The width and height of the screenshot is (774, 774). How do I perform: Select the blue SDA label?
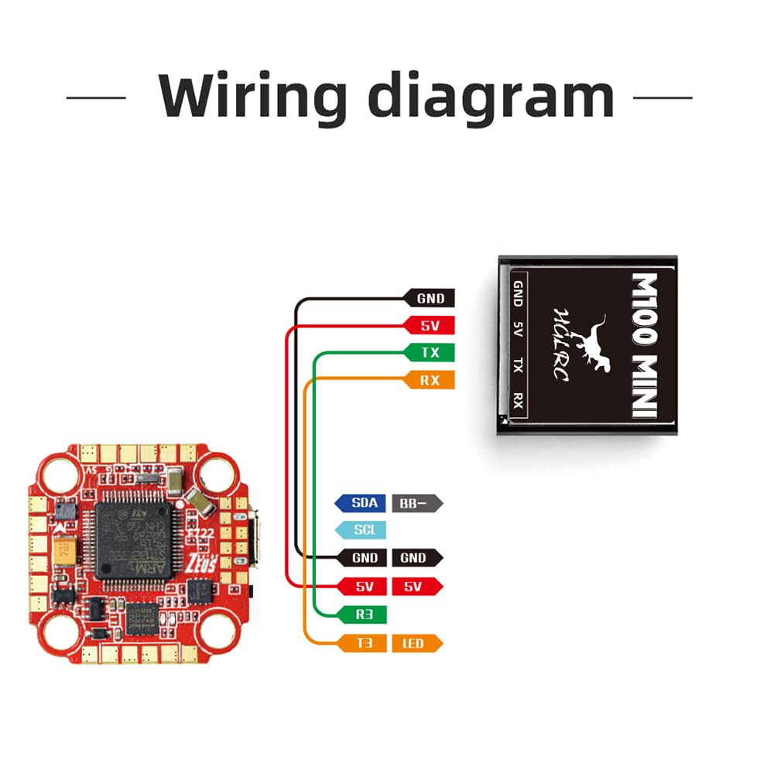(361, 503)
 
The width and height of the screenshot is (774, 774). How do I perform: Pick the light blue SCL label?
(361, 530)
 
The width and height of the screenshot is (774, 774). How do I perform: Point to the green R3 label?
(362, 615)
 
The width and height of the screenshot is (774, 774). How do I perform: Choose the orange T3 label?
(362, 642)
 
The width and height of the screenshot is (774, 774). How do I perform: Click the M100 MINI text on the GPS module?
(644, 344)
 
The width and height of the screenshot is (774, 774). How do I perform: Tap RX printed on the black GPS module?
(518, 401)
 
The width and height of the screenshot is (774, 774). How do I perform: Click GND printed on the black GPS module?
(518, 293)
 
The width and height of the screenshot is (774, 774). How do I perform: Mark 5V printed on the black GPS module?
(518, 330)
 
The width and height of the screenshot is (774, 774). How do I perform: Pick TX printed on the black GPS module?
(518, 366)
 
